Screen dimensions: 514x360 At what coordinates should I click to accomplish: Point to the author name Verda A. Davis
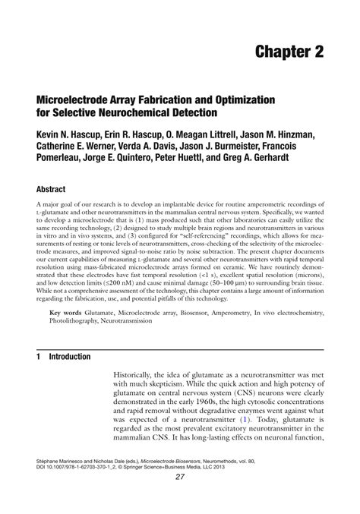[x=149, y=147]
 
